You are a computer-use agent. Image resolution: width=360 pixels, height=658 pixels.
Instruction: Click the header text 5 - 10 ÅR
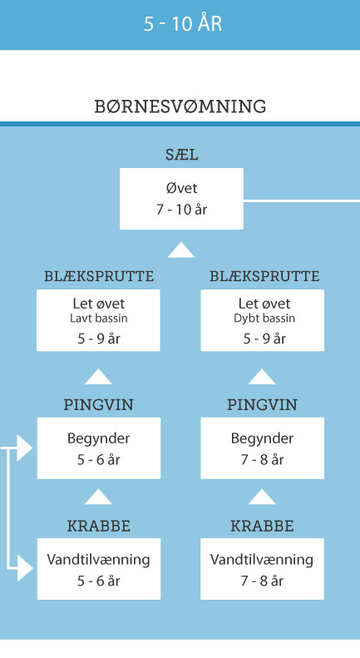[183, 23]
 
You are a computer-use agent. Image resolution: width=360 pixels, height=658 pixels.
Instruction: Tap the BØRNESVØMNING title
[180, 106]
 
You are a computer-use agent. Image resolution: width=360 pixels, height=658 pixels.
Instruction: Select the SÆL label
[182, 155]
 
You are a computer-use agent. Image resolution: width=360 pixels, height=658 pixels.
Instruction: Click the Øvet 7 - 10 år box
[182, 199]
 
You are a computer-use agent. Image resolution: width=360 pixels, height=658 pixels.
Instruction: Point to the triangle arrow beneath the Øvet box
[181, 250]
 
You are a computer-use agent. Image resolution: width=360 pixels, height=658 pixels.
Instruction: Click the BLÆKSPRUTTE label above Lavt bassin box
[99, 276]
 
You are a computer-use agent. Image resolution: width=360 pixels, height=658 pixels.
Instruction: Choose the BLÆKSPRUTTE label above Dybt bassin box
[264, 276]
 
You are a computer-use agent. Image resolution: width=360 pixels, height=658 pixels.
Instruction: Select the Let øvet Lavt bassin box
[98, 320]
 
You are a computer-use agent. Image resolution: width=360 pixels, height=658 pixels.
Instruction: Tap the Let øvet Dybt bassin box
[262, 320]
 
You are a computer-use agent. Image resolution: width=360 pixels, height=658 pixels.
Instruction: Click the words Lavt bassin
[99, 318]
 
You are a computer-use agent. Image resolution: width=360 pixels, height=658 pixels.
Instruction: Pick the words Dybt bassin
[264, 318]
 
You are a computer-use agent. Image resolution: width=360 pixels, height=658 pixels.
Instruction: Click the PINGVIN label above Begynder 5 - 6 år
[99, 405]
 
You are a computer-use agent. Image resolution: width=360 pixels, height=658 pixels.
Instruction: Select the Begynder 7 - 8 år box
[262, 448]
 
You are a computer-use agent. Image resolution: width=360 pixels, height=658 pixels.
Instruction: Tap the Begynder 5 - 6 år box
[99, 448]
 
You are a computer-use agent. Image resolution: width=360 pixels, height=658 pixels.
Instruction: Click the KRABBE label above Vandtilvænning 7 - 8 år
[262, 527]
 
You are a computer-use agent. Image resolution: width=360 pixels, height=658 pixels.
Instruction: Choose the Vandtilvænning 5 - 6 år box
[99, 569]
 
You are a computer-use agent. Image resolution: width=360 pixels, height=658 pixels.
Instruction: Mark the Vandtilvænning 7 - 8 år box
[262, 569]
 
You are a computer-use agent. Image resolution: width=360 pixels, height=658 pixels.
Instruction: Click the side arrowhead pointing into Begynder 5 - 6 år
[24, 448]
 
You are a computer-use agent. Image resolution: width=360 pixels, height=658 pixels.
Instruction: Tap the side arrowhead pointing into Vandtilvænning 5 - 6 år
[24, 569]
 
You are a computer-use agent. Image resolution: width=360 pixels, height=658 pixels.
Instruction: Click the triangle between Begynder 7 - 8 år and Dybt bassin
[262, 377]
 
